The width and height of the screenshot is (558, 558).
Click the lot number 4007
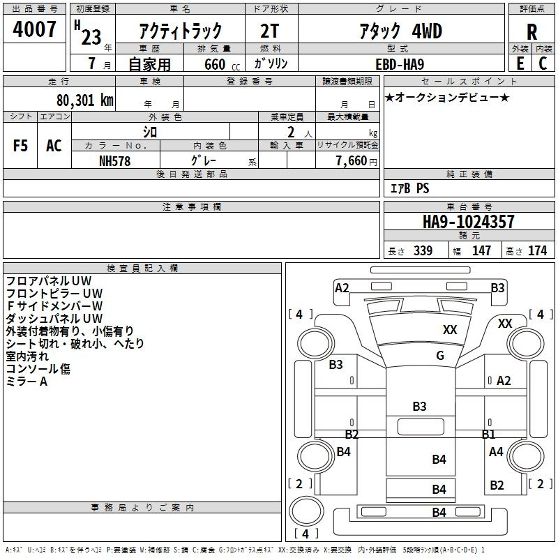[x=34, y=29]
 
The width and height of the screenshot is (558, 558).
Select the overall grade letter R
[x=531, y=32]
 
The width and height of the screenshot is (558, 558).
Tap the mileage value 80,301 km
[x=85, y=100]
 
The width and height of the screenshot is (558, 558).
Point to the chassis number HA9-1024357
[x=468, y=221]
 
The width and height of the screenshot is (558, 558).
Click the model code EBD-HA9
[x=400, y=64]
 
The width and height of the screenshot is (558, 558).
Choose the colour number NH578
[x=114, y=161]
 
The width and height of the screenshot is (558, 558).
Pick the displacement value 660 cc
[x=222, y=65]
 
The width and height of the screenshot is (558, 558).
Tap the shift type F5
[x=20, y=146]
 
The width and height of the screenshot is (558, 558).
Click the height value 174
[x=537, y=250]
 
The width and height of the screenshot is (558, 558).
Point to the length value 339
[x=423, y=250]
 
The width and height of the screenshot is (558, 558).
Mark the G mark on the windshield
[x=440, y=355]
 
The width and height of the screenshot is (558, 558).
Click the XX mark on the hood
[x=450, y=329]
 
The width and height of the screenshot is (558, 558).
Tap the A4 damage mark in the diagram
[x=496, y=451]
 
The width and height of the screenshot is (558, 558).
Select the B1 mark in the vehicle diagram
[x=488, y=434]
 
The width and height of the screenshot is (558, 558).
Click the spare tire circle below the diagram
[x=306, y=511]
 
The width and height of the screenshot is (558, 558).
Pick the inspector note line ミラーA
[x=27, y=382]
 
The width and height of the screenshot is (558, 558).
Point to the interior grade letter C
[x=543, y=63]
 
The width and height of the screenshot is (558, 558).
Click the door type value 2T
[x=269, y=31]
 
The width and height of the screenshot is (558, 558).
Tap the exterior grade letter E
[x=520, y=63]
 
